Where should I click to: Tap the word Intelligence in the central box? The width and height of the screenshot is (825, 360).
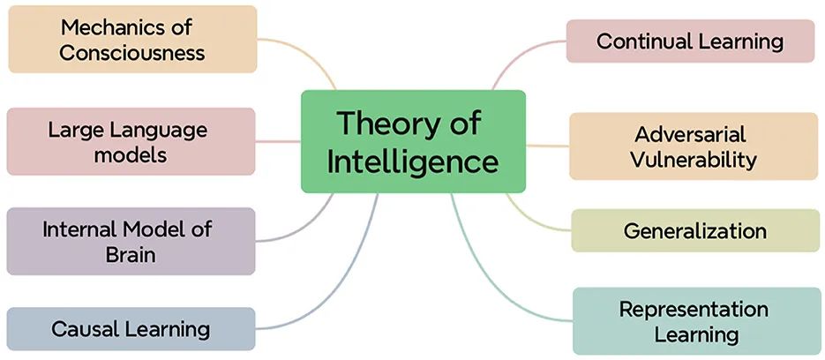(413, 161)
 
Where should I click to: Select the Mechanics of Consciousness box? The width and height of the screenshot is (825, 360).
(132, 39)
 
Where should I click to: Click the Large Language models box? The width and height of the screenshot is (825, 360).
(131, 141)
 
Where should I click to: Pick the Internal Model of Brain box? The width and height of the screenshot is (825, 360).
(131, 241)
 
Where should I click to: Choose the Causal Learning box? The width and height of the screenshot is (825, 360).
(131, 329)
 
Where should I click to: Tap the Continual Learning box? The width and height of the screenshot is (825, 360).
(690, 41)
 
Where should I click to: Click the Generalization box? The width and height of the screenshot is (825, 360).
(695, 230)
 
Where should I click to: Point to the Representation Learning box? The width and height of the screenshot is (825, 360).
(697, 320)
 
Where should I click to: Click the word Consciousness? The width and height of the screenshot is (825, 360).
(132, 53)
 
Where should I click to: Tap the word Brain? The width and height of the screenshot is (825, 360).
(131, 255)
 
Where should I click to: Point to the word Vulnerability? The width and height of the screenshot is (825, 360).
(694, 160)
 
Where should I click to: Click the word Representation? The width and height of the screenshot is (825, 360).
(694, 309)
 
